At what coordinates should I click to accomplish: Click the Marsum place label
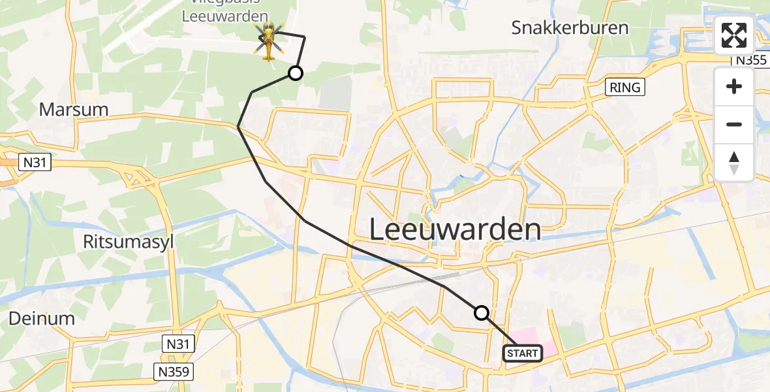[74, 109]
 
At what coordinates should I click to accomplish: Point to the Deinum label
[42, 318]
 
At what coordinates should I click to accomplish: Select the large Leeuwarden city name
[455, 230]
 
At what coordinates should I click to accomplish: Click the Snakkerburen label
[570, 27]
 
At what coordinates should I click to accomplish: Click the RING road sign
[625, 88]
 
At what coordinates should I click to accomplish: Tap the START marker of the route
[522, 353]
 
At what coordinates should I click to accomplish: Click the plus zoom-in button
[734, 86]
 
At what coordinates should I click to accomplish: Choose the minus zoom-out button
[734, 124]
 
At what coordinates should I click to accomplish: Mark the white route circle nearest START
[482, 313]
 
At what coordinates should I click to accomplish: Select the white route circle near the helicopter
[296, 73]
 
